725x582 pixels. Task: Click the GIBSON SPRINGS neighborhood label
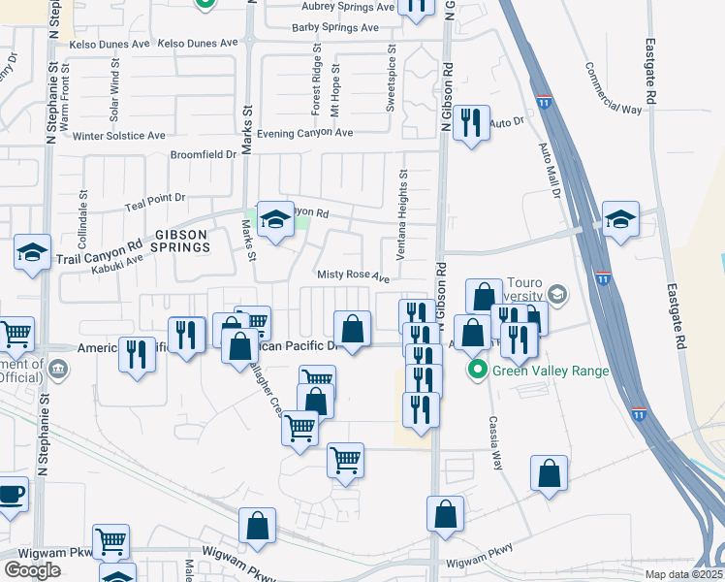179,241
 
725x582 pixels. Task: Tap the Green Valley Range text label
550,371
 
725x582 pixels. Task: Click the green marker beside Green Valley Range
477,371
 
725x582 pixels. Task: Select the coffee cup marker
11,494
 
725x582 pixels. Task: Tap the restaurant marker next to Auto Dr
471,123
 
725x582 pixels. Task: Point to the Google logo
32,570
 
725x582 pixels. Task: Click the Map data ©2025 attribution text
683,574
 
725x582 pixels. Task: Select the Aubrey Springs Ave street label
345,6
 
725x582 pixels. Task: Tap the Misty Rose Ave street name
353,276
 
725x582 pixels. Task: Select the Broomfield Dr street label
204,154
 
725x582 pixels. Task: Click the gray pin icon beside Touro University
556,293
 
